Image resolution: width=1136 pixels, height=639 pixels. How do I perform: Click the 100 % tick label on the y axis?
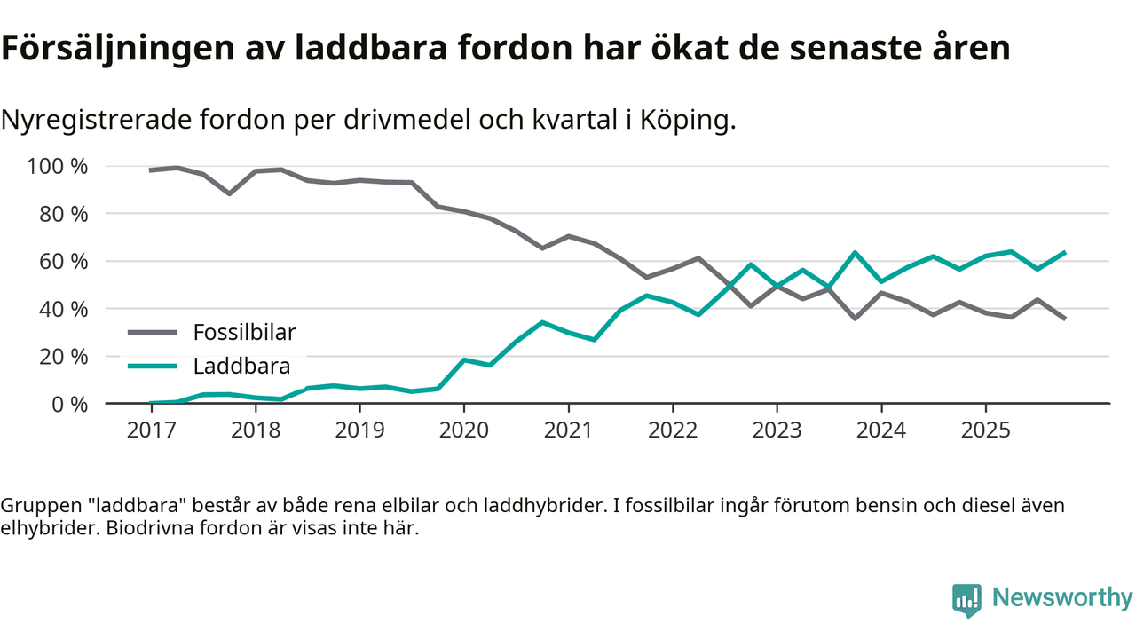(58, 167)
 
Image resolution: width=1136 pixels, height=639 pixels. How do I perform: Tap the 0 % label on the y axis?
(68, 404)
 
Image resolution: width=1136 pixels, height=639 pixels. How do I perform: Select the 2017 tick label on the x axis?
(151, 430)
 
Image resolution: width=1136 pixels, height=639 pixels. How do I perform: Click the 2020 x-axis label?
(464, 430)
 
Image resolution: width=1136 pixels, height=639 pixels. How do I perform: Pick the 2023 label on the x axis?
(777, 430)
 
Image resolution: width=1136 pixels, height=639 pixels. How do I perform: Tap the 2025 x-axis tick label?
(985, 430)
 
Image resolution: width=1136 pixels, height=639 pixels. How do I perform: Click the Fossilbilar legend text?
(244, 333)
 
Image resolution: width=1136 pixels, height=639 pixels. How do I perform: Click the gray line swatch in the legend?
(154, 333)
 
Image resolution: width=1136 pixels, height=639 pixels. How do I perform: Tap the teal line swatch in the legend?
(154, 366)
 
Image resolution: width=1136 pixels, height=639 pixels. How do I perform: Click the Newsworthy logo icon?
(966, 599)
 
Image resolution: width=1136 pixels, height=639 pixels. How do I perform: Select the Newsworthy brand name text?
(1061, 598)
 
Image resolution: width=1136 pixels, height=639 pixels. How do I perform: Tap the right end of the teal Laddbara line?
(1064, 253)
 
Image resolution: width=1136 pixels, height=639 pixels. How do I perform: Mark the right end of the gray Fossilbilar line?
(1064, 318)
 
